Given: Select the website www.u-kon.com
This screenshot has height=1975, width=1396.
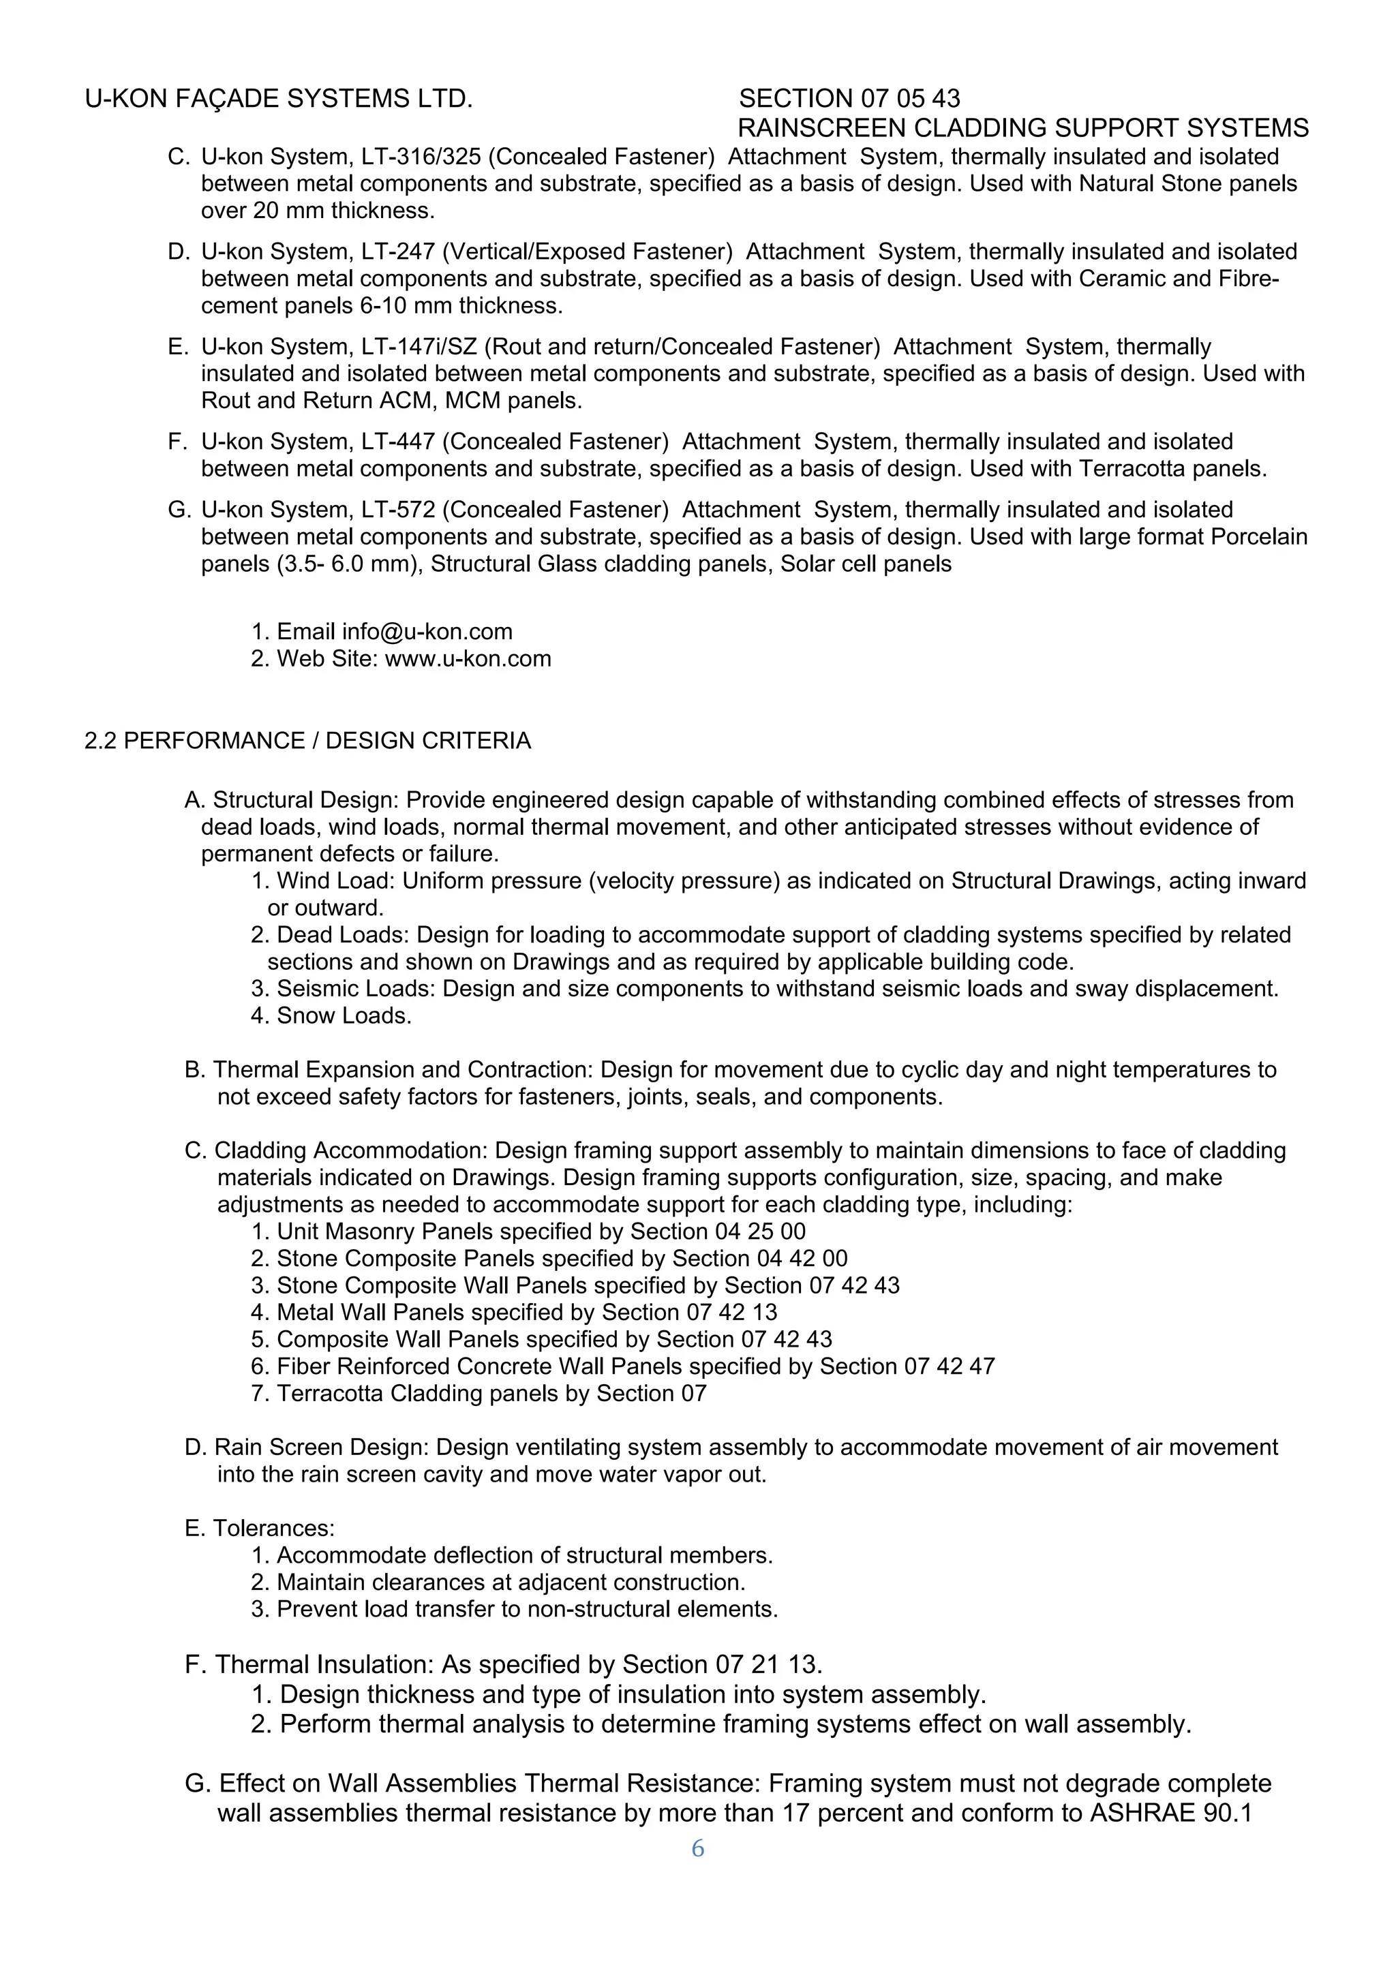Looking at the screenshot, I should click(x=468, y=659).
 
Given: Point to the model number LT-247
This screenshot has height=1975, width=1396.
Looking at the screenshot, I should click(x=397, y=251).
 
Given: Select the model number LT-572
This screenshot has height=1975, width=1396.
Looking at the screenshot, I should click(x=397, y=509).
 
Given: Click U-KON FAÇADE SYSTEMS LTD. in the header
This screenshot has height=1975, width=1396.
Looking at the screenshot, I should click(x=279, y=99).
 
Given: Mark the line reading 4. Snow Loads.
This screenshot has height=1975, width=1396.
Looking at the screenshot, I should click(x=331, y=1016).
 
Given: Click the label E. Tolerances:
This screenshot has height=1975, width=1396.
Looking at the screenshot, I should click(x=259, y=1528).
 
